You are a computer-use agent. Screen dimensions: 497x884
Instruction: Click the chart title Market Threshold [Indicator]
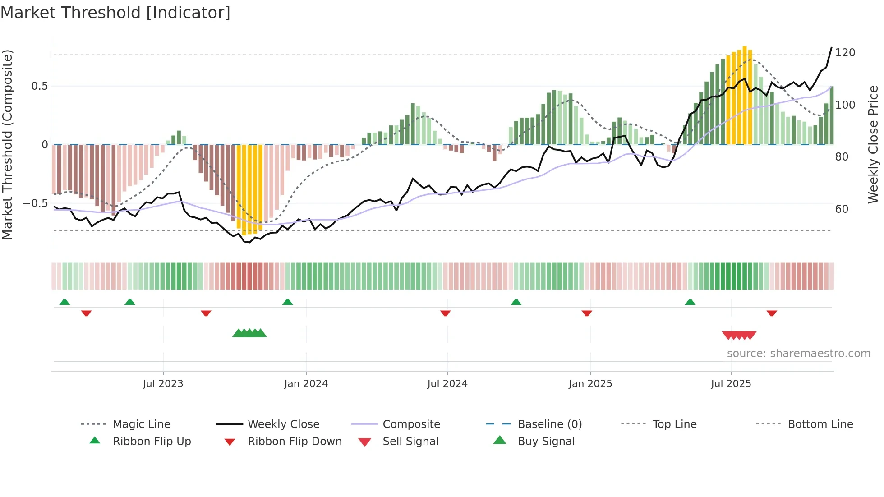(x=115, y=13)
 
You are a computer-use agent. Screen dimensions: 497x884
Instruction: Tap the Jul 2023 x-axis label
(x=163, y=384)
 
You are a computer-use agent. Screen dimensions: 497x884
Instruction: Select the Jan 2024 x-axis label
(x=306, y=384)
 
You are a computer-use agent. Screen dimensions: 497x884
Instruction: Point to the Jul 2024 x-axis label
(x=447, y=384)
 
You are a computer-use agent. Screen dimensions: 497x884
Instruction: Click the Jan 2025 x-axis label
(x=590, y=384)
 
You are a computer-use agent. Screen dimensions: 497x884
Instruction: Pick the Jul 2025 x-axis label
(x=731, y=384)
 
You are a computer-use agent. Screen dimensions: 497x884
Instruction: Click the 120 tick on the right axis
(x=845, y=53)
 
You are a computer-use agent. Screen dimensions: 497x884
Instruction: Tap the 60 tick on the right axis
(x=842, y=209)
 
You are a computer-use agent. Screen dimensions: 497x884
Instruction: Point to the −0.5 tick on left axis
(x=35, y=203)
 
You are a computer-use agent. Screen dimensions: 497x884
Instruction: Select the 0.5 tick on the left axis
(x=39, y=86)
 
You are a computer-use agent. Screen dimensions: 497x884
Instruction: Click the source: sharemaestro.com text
(x=798, y=354)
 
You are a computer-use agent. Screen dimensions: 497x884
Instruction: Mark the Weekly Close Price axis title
(x=873, y=144)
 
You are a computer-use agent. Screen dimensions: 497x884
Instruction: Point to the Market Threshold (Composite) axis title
(x=8, y=144)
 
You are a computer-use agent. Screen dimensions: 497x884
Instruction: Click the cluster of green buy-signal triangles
(x=249, y=333)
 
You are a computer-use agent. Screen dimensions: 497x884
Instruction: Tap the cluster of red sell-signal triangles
(x=739, y=335)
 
